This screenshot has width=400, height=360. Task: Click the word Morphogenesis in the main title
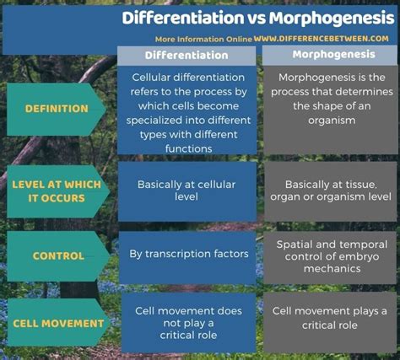coord(332,19)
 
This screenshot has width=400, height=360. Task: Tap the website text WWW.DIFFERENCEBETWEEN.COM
coord(321,39)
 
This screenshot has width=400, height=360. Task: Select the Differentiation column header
coord(186,56)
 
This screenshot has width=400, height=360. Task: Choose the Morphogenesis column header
coord(333,55)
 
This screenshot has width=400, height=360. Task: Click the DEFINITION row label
coord(57,109)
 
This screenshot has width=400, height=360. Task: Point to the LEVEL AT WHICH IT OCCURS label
coord(57,191)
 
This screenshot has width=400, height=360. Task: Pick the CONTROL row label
coord(58,255)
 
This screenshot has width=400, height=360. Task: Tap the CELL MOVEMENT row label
coord(58,324)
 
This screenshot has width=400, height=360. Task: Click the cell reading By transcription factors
coord(189,254)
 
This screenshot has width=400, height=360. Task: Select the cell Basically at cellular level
coord(187,191)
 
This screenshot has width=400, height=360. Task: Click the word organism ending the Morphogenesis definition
coord(332,121)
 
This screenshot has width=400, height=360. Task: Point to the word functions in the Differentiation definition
coord(188,148)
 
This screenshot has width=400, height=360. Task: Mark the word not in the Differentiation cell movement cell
coord(171,323)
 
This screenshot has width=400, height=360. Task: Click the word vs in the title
coord(257,19)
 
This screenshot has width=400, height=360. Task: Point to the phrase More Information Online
coord(203,39)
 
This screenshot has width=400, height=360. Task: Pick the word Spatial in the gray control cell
coord(295,244)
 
